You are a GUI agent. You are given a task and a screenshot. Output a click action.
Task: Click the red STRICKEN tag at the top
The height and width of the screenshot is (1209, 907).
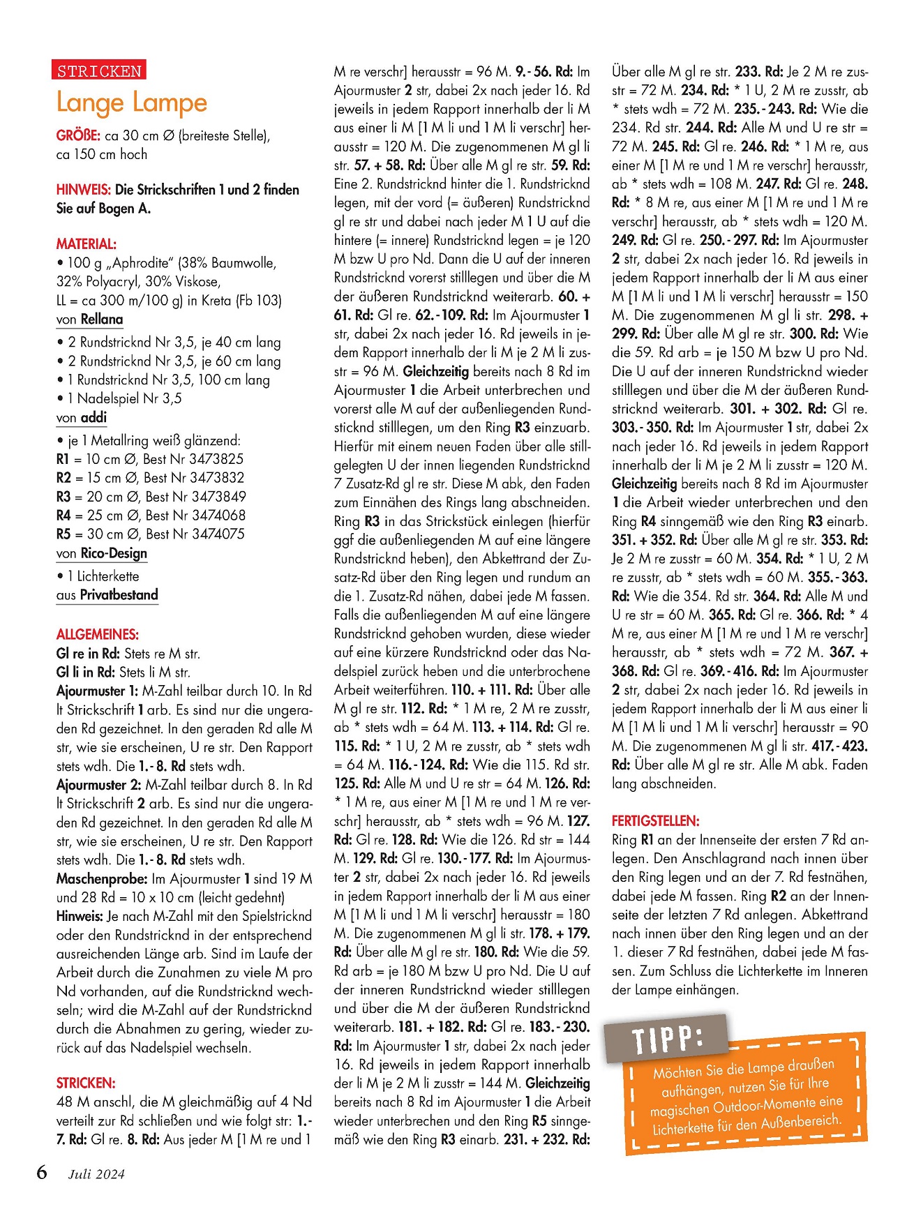coord(99,70)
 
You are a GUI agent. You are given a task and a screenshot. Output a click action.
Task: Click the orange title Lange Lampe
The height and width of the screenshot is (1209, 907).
coord(132,103)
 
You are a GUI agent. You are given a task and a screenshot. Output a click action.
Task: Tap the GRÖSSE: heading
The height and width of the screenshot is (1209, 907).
coord(78,135)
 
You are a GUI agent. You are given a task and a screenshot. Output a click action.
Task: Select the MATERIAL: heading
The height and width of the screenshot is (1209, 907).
coord(87,243)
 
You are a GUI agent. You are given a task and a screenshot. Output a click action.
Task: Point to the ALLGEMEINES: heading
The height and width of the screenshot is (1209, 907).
coord(98,634)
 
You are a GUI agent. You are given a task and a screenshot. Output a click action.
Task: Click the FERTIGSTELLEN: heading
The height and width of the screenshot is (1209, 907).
coord(656,820)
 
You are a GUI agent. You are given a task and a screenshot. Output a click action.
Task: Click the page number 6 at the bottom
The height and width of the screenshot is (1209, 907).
coord(42,1172)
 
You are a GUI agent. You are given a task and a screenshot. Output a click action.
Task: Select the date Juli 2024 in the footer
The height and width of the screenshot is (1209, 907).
coord(96,1174)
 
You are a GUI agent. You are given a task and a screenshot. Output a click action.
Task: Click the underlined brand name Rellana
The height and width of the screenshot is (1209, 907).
coord(102,320)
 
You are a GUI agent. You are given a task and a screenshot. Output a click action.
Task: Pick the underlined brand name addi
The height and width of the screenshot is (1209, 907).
coord(94,417)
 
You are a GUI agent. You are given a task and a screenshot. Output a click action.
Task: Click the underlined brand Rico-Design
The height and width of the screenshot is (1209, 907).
coord(114,553)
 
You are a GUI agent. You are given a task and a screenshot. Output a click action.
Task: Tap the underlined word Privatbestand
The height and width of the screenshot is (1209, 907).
coord(119,594)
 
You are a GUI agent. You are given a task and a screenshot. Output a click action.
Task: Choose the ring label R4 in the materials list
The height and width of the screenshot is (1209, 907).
coord(64,516)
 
